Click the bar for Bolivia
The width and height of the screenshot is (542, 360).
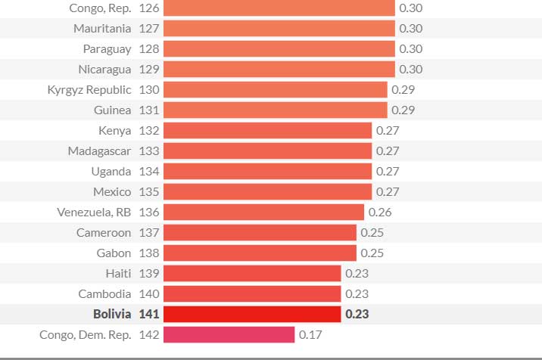[x=252, y=314]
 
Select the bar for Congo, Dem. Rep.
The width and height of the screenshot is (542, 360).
[x=229, y=334]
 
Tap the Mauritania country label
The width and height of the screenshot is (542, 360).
[x=102, y=29]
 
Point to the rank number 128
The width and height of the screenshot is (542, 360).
[x=149, y=49]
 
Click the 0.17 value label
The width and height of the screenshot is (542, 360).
[x=310, y=334]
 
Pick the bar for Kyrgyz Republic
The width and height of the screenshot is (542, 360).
[x=275, y=90]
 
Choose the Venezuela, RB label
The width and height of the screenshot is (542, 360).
[x=94, y=213]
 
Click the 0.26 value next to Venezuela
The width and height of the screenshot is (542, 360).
[x=380, y=213]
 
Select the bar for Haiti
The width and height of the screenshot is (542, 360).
[x=252, y=273]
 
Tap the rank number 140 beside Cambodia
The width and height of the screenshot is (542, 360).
[x=149, y=293]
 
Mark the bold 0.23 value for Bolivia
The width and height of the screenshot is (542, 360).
[x=357, y=314]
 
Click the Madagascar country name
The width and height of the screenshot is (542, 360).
[x=99, y=151]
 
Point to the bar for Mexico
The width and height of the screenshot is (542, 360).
[x=267, y=192]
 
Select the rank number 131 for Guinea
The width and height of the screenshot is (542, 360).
[x=149, y=110]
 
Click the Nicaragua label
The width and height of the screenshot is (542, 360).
[x=104, y=70]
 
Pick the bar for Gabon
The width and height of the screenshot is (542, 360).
[x=260, y=253]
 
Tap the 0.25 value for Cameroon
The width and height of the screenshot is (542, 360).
[x=372, y=233]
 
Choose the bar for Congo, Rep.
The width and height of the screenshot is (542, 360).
[x=279, y=8]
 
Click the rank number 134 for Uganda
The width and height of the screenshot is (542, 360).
[x=149, y=172]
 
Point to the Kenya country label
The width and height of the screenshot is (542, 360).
[x=114, y=131]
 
